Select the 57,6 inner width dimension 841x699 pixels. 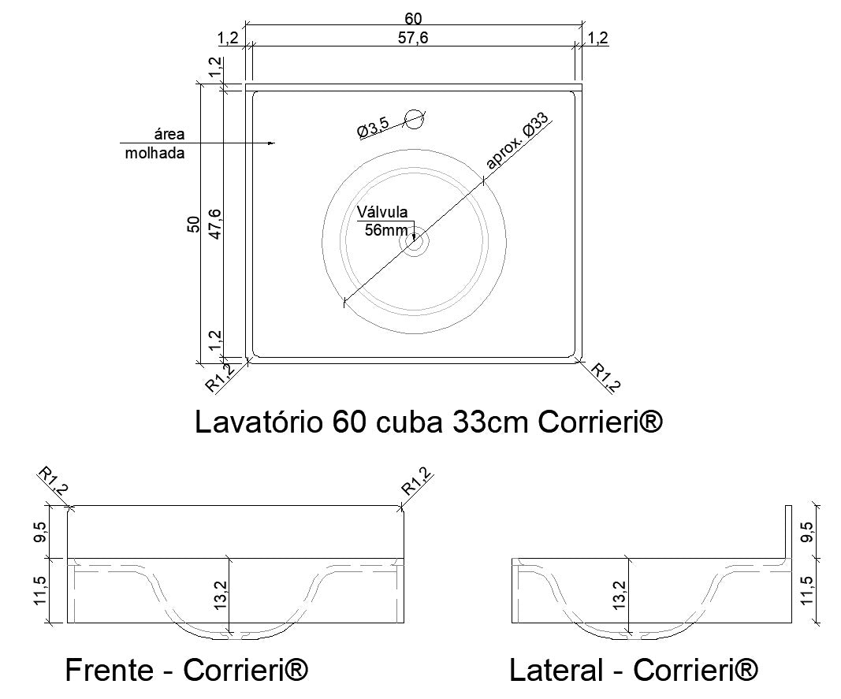[414, 37]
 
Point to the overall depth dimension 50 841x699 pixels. [193, 225]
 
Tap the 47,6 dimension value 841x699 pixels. [214, 225]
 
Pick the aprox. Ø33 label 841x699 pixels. [517, 142]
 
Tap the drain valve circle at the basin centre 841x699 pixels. [415, 241]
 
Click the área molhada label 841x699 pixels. [154, 144]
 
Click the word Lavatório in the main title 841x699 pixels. [259, 422]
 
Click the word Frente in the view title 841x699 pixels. [109, 671]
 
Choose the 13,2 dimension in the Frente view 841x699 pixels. [221, 596]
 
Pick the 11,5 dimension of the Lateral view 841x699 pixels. [806, 590]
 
